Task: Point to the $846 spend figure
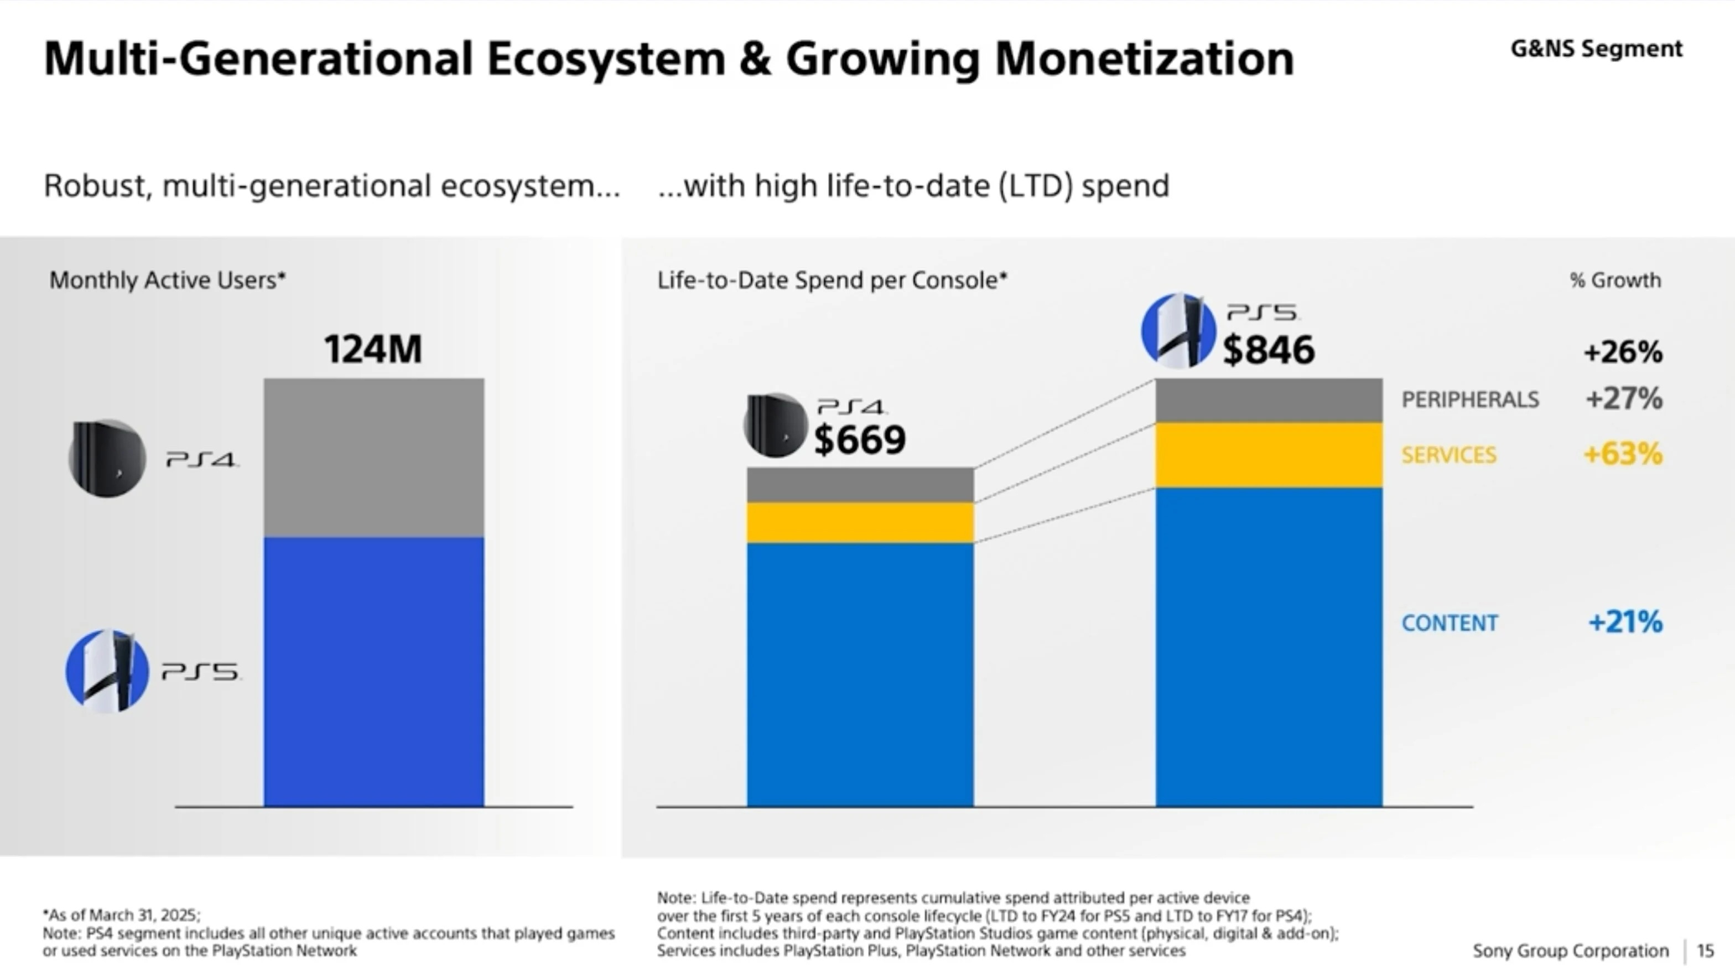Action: [x=1268, y=350]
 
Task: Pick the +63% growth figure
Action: [x=1623, y=454]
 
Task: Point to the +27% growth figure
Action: [x=1624, y=398]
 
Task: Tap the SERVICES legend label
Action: [x=1449, y=455]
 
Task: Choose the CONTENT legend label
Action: [x=1450, y=623]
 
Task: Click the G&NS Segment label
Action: [x=1596, y=49]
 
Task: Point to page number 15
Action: [x=1705, y=951]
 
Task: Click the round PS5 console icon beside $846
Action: [x=1177, y=331]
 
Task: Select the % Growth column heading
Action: [x=1615, y=280]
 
